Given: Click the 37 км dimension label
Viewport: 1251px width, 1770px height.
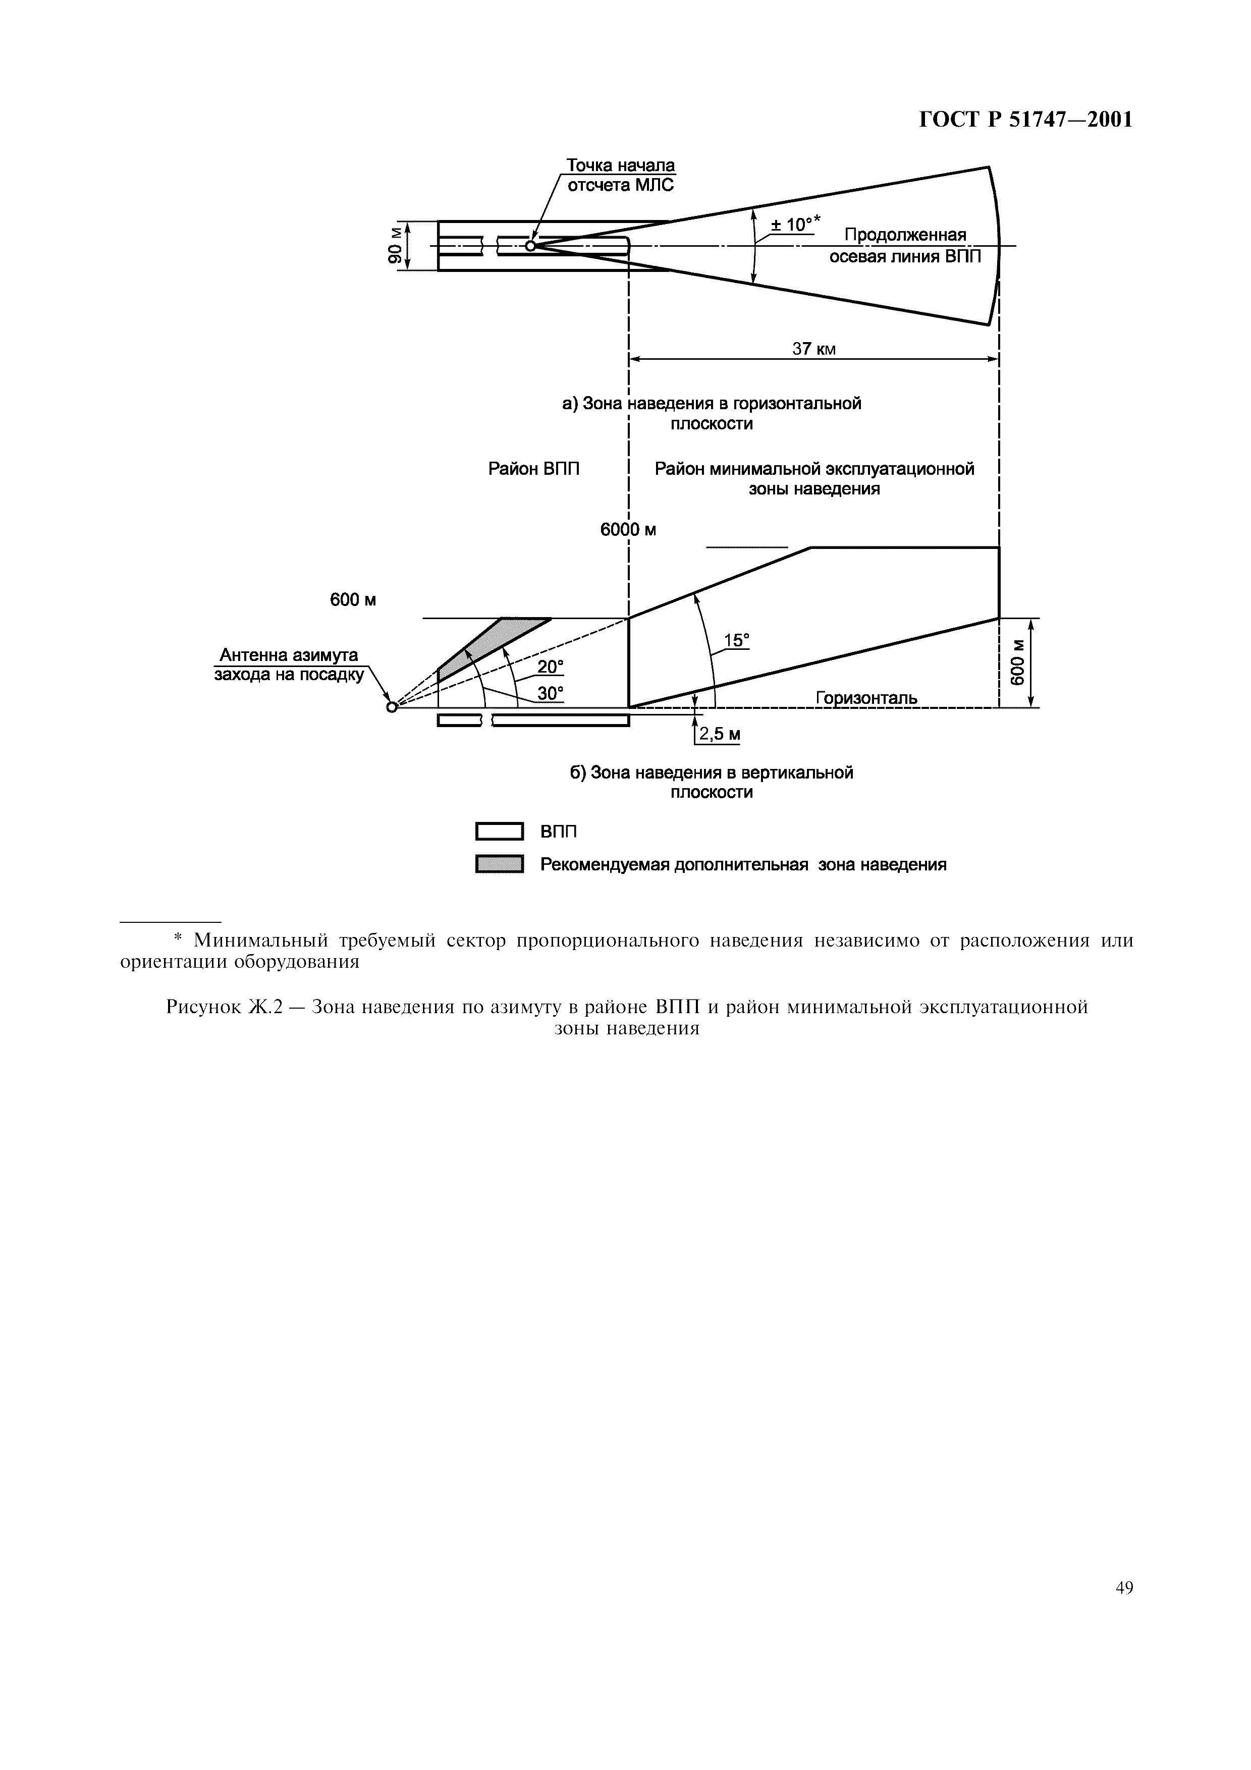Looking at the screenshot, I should pos(814,349).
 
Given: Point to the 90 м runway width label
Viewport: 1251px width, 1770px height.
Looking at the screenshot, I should pos(395,246).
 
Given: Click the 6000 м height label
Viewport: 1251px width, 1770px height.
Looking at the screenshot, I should pos(628,530).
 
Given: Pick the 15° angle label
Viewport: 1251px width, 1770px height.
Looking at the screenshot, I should pos(736,640).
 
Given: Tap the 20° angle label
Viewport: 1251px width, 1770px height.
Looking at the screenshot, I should pos(551,667).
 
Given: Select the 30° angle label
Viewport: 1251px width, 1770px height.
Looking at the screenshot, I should pos(551,694).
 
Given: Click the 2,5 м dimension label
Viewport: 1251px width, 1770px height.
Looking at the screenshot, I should pos(719,734).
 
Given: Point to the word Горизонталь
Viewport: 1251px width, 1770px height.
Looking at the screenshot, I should pos(866,698).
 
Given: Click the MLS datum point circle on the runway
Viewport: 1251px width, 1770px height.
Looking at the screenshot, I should pos(530,246).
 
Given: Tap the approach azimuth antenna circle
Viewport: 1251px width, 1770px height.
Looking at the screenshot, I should pos(392,707).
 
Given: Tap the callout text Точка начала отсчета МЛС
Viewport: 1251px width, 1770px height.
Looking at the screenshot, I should pos(621,175).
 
